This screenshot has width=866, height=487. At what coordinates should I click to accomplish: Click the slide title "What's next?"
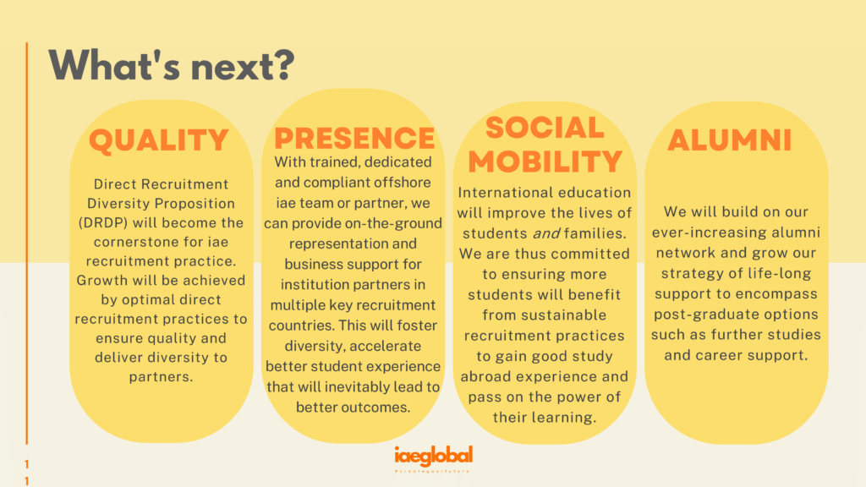172,66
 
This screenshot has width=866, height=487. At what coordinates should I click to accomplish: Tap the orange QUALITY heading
159,140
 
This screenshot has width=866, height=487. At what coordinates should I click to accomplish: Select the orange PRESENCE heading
354,138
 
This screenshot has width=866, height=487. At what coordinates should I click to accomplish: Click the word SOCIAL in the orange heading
545,128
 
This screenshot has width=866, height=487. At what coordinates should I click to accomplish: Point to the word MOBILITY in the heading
545,161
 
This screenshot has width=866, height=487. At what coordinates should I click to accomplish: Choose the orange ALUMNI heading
730,140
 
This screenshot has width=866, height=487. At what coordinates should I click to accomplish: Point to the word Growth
96,281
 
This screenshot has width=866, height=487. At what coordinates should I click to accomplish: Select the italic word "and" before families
547,233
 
